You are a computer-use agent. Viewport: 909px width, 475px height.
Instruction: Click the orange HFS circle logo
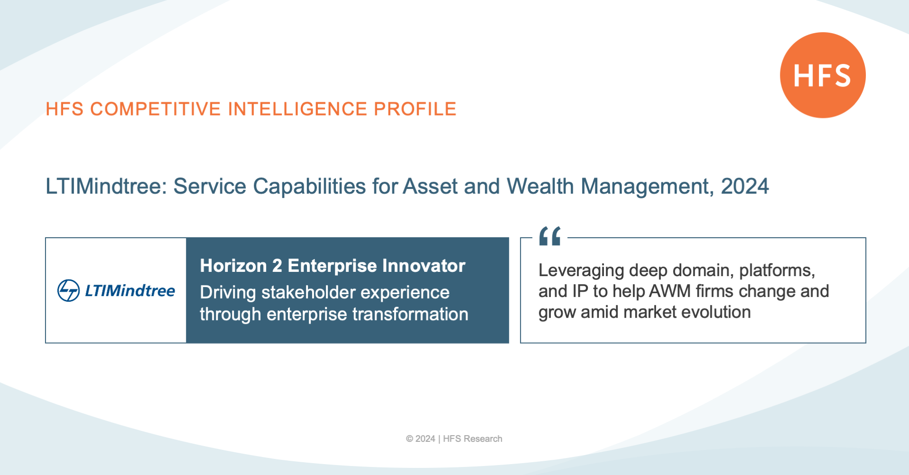coord(823,75)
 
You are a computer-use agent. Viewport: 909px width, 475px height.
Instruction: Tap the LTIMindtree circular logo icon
coord(69,290)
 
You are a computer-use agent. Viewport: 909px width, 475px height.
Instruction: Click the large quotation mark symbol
coord(550,236)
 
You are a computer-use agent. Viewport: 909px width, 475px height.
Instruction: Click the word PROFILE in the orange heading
coord(415,109)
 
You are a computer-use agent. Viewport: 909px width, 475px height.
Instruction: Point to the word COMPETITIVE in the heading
coord(155,109)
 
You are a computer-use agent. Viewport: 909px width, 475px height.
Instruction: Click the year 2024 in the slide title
coord(745,186)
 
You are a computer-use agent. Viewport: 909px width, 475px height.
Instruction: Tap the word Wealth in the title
coord(540,186)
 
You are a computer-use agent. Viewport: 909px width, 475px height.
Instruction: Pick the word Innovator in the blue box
coord(424,266)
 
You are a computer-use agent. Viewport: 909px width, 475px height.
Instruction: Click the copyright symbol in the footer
coord(409,439)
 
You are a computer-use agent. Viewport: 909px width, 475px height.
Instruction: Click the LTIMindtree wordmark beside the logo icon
coord(130,291)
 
